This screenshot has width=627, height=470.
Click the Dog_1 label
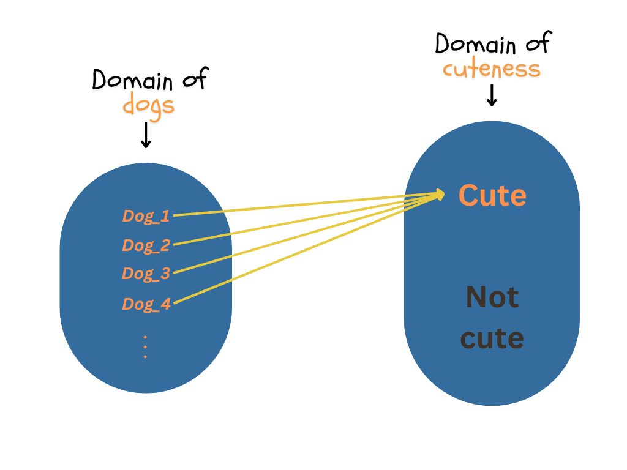(x=146, y=215)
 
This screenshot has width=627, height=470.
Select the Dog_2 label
(x=146, y=245)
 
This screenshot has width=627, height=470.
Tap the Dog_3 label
(x=146, y=274)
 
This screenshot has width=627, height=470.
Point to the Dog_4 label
(x=146, y=304)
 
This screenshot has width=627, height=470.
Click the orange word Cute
(x=492, y=196)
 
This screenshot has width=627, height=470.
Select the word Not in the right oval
(x=492, y=297)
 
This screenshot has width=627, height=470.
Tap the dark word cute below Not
(x=492, y=338)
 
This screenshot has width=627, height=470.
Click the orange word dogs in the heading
(x=148, y=105)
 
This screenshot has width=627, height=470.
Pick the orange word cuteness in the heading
(x=492, y=69)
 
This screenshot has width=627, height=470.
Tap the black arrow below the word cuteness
(x=491, y=95)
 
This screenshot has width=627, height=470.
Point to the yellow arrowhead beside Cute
(x=440, y=195)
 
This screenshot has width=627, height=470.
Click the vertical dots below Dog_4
(x=145, y=346)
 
